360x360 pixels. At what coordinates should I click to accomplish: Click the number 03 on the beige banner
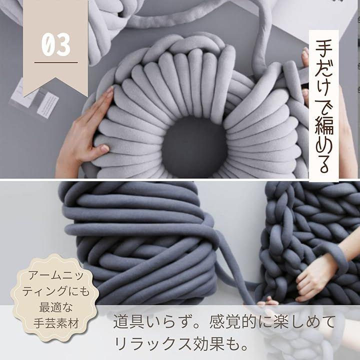(x=56, y=44)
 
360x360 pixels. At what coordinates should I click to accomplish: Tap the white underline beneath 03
(x=56, y=62)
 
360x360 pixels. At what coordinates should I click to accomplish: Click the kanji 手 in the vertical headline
(x=324, y=48)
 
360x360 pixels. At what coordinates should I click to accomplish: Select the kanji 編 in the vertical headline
(x=324, y=126)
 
